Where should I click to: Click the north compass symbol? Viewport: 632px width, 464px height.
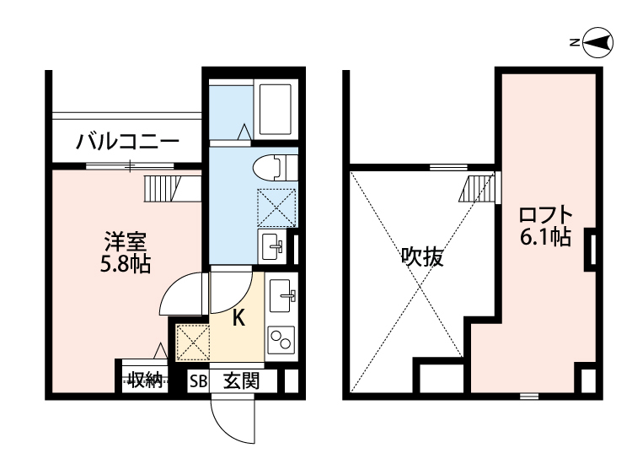(x=596, y=41)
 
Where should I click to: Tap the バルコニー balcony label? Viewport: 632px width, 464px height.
(x=127, y=140)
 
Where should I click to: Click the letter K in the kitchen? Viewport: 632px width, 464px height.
(x=239, y=319)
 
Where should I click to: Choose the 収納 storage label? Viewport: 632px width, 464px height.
(x=145, y=380)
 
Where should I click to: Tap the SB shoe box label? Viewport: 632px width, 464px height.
(x=197, y=381)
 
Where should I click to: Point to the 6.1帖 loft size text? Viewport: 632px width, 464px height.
(x=546, y=238)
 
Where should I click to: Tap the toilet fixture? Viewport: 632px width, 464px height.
(x=271, y=166)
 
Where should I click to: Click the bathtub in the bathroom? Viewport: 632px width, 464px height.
(x=276, y=110)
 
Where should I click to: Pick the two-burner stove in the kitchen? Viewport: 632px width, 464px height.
(x=281, y=339)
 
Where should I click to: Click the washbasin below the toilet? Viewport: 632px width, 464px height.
(x=274, y=246)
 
